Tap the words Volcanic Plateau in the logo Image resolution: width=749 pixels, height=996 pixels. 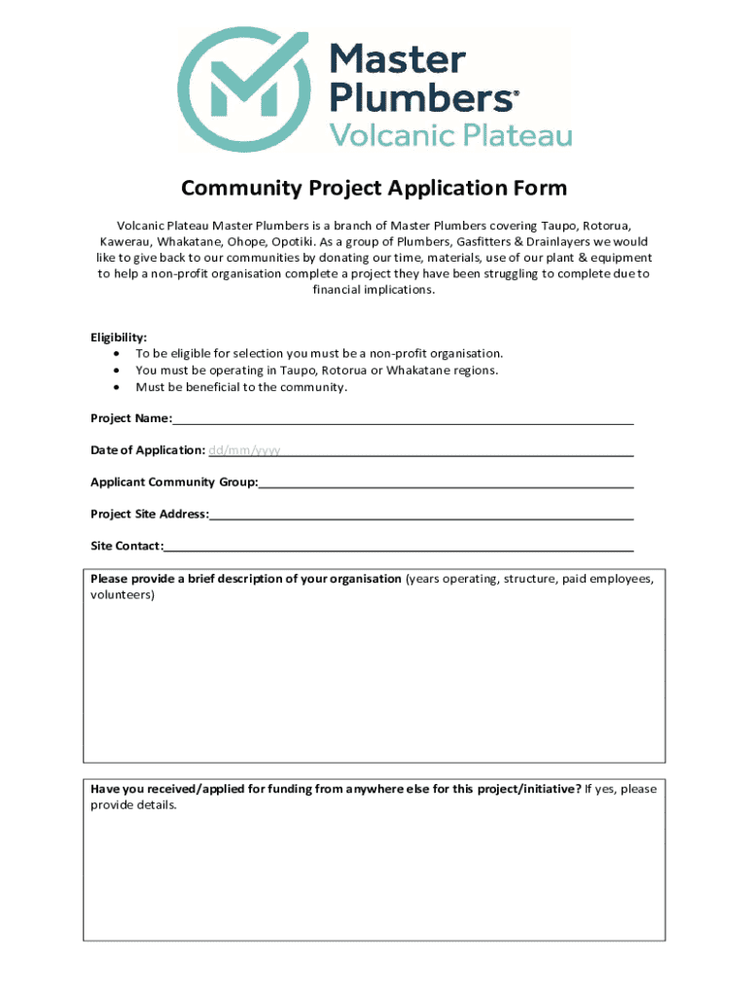point(451,135)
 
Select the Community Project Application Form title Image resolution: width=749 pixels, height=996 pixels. point(374,188)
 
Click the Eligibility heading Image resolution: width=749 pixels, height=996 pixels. point(120,338)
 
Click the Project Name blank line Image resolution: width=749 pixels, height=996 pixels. point(403,420)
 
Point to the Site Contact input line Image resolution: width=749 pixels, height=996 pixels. point(399,547)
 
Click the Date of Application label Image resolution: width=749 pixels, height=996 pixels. point(147,450)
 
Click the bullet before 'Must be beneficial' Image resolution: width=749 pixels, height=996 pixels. point(117,387)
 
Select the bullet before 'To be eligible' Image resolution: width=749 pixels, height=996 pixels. point(117,354)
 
